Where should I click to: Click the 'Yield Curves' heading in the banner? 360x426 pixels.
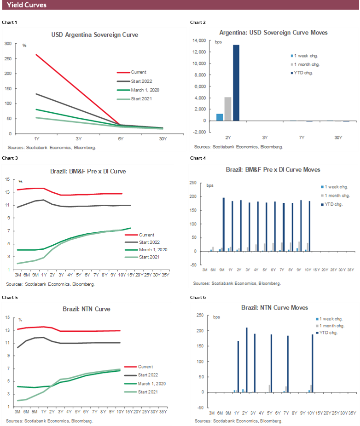pos(27,5)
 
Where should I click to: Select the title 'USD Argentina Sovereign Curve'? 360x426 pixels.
pos(94,35)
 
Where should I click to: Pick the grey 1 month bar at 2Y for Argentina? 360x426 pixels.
pos(228,109)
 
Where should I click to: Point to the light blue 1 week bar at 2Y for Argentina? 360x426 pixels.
pos(220,117)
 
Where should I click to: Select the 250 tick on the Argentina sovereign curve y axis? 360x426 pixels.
pos(8,58)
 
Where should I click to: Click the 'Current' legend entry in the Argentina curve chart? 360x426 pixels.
pos(138,72)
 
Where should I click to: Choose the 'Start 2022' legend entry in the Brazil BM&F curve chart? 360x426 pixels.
pos(144,242)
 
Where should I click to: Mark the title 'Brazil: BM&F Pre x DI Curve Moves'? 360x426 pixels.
pos(273,170)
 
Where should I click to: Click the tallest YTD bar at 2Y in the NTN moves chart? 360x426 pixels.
pos(247,360)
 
